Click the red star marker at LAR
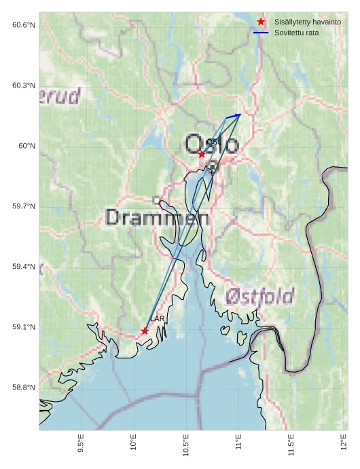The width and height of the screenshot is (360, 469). (x=145, y=331)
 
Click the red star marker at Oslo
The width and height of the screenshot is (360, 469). (x=202, y=154)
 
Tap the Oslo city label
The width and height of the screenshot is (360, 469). (x=212, y=145)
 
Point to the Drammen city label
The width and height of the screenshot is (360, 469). (x=158, y=217)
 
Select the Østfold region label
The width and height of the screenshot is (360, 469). (x=259, y=296)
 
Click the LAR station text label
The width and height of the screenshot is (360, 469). (x=157, y=318)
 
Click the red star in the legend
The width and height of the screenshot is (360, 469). (x=261, y=22)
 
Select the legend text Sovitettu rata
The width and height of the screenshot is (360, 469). (x=297, y=33)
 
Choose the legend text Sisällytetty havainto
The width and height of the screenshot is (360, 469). (x=303, y=22)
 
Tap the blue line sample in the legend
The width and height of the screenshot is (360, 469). (x=261, y=33)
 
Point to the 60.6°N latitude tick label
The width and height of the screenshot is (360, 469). (x=24, y=25)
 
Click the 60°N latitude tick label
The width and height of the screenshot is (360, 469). (x=26, y=146)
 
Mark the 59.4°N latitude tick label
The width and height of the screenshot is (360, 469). (x=24, y=267)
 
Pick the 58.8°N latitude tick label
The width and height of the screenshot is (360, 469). (x=24, y=388)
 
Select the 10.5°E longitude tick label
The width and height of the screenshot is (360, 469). (x=186, y=445)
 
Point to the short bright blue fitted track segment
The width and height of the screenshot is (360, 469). (x=233, y=116)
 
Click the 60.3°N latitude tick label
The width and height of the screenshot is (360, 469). (x=24, y=86)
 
